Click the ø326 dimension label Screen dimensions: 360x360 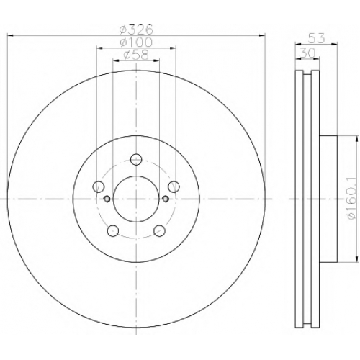[136, 30]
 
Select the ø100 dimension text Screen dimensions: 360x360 [136, 42]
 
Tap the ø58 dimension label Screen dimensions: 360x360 [136, 55]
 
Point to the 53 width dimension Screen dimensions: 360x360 [316, 38]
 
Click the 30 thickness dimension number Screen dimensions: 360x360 [307, 53]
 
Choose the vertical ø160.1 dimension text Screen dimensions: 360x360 [351, 199]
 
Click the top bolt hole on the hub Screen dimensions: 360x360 [136, 159]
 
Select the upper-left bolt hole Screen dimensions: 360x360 [98, 186]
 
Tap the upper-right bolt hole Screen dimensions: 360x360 [174, 186]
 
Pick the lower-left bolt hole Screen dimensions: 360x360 [113, 230]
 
